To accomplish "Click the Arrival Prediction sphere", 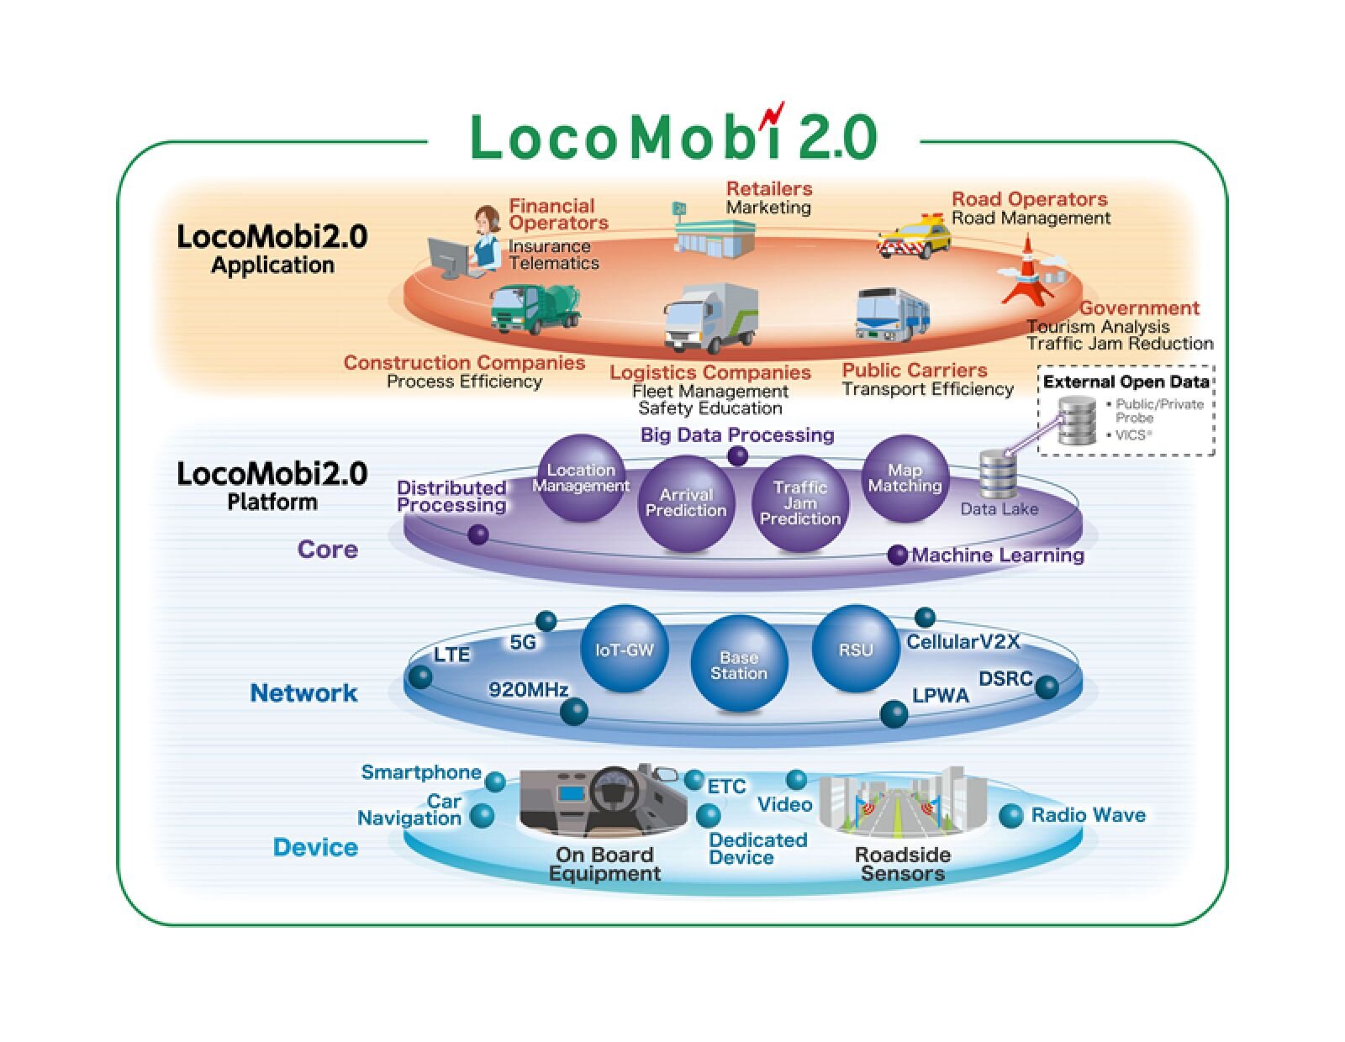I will tap(686, 503).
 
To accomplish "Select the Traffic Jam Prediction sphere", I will tap(799, 503).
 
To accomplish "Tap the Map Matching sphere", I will tap(905, 478).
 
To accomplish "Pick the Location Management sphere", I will tap(580, 478).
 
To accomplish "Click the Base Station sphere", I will tap(739, 665).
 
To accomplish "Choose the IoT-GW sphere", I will tap(624, 649).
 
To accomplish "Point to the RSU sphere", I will tap(855, 649).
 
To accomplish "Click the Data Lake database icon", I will tap(998, 475).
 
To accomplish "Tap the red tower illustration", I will tap(1027, 271).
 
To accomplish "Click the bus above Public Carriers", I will tap(892, 314).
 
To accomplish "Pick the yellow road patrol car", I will tap(914, 236).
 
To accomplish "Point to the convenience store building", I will tap(714, 229).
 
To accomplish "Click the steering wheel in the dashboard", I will tap(613, 790).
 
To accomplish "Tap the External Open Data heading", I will tap(1126, 382).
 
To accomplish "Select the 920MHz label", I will tap(528, 690).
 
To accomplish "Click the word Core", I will tap(327, 550).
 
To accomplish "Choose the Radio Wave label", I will tap(1088, 815).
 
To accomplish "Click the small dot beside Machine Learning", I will tap(898, 555).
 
